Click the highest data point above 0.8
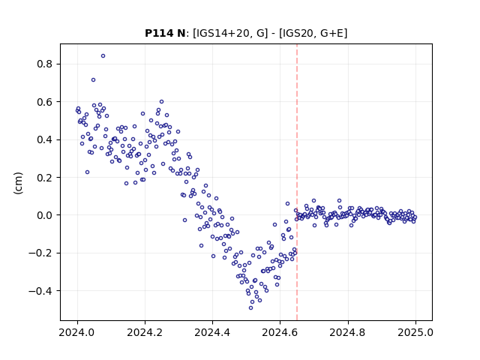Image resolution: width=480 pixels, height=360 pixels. pos(103,56)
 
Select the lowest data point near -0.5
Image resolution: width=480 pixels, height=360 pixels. pos(251,307)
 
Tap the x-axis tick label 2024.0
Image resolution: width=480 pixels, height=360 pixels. pos(76,332)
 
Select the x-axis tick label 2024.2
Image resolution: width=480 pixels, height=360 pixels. pos(145,332)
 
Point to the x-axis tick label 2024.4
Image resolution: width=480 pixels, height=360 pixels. pos(212,332)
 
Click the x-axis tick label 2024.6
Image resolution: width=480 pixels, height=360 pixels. pos(280,332)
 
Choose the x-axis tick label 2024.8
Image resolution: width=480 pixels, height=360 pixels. pos(347,332)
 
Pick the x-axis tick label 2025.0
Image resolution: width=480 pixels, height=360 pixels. pos(415,332)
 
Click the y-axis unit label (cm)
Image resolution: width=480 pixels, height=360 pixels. pos(18,183)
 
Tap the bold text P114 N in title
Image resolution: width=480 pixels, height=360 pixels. pos(165,33)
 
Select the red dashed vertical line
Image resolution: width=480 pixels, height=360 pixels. pos(297,182)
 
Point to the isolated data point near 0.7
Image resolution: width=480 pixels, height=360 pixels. pos(93,80)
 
